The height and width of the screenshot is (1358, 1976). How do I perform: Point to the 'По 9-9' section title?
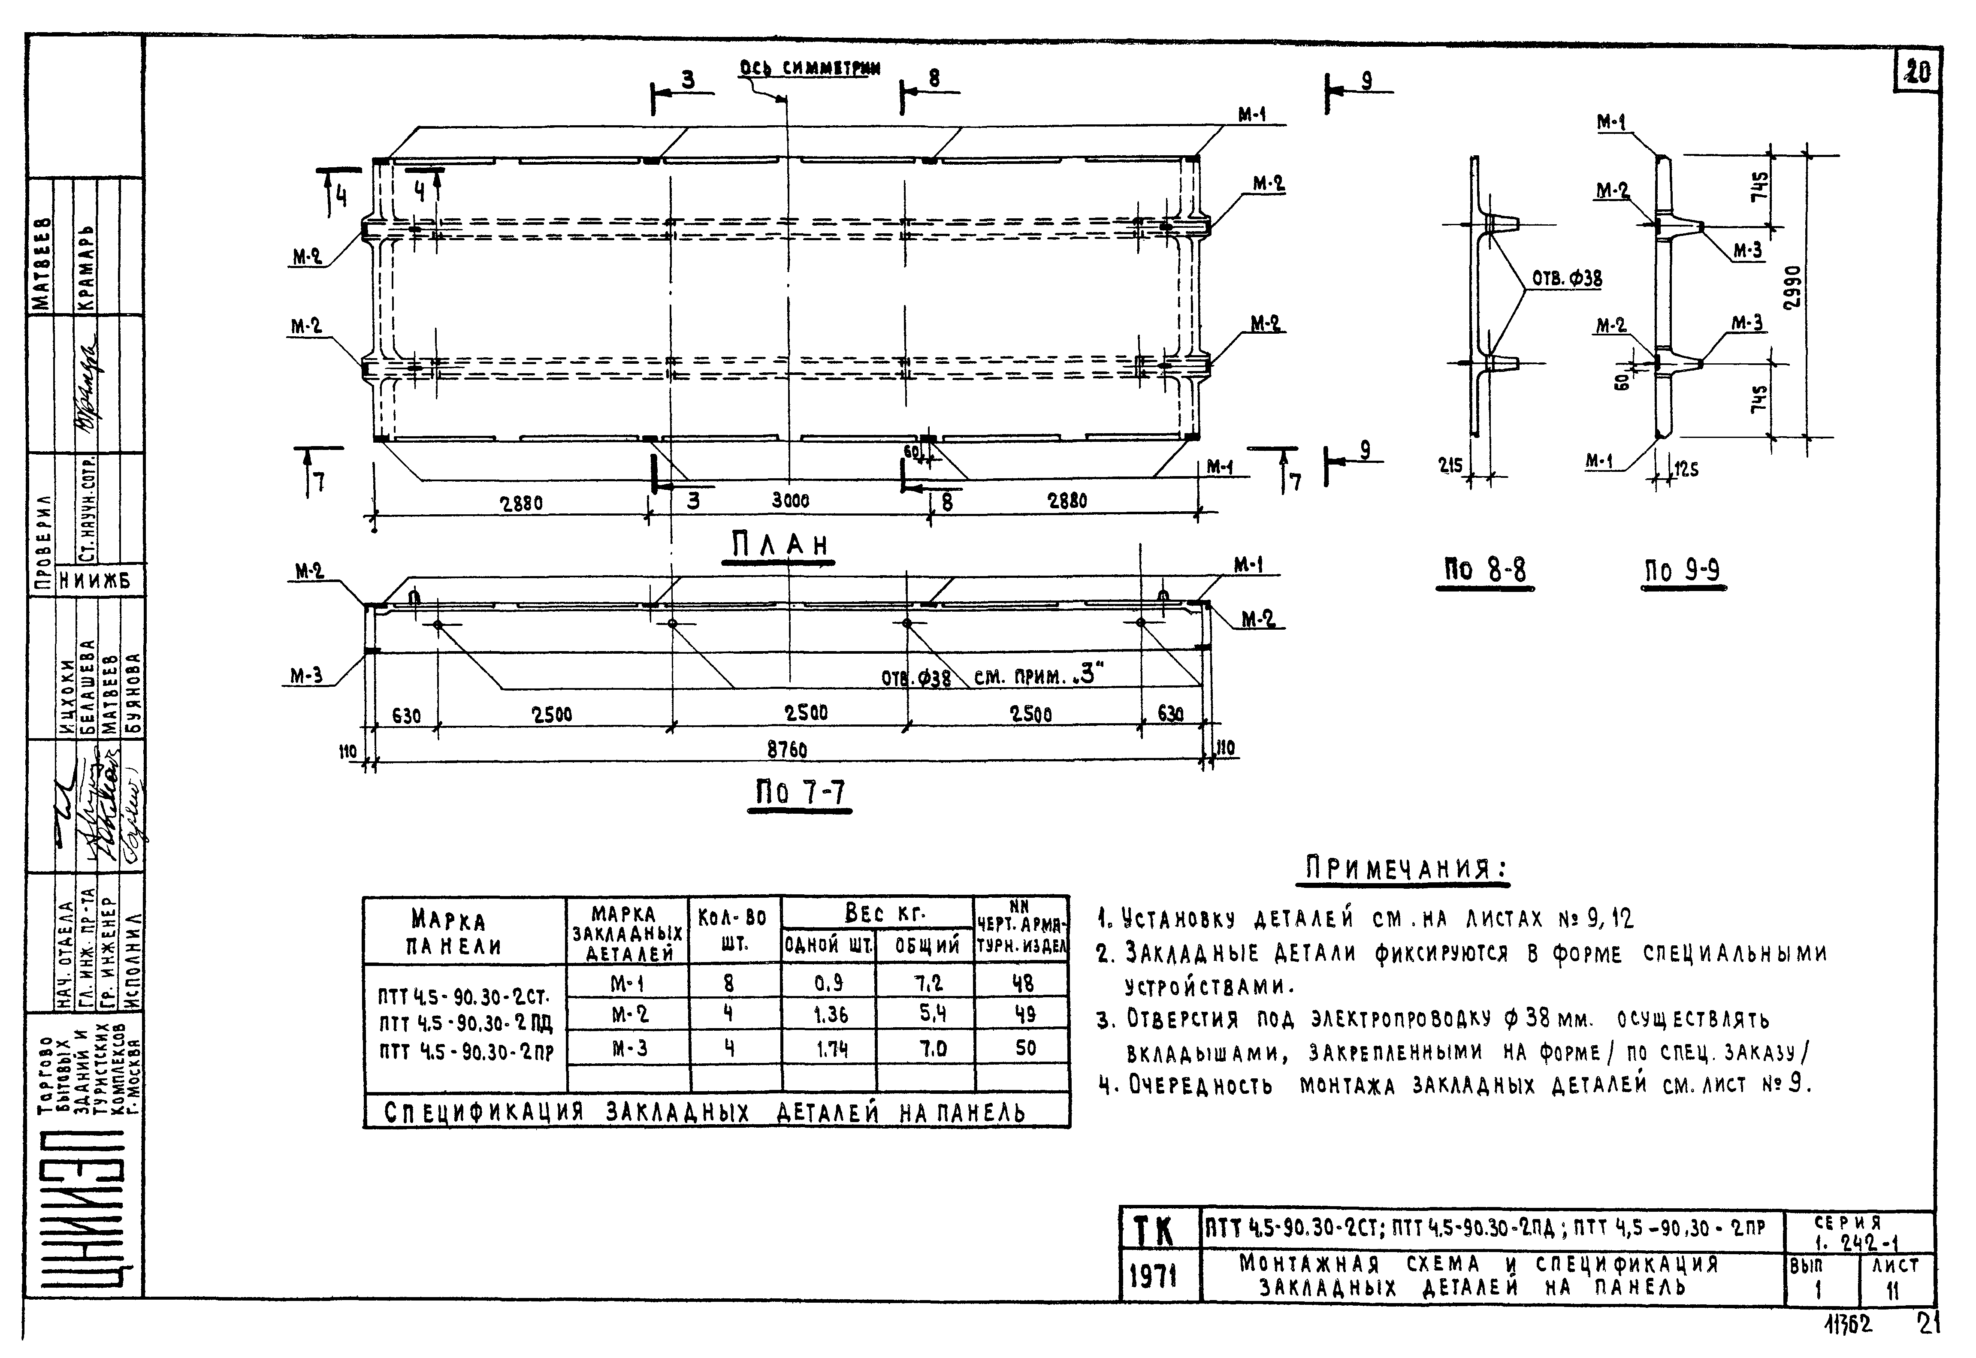point(1683,570)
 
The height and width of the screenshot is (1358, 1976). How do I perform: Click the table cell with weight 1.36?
point(830,1014)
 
